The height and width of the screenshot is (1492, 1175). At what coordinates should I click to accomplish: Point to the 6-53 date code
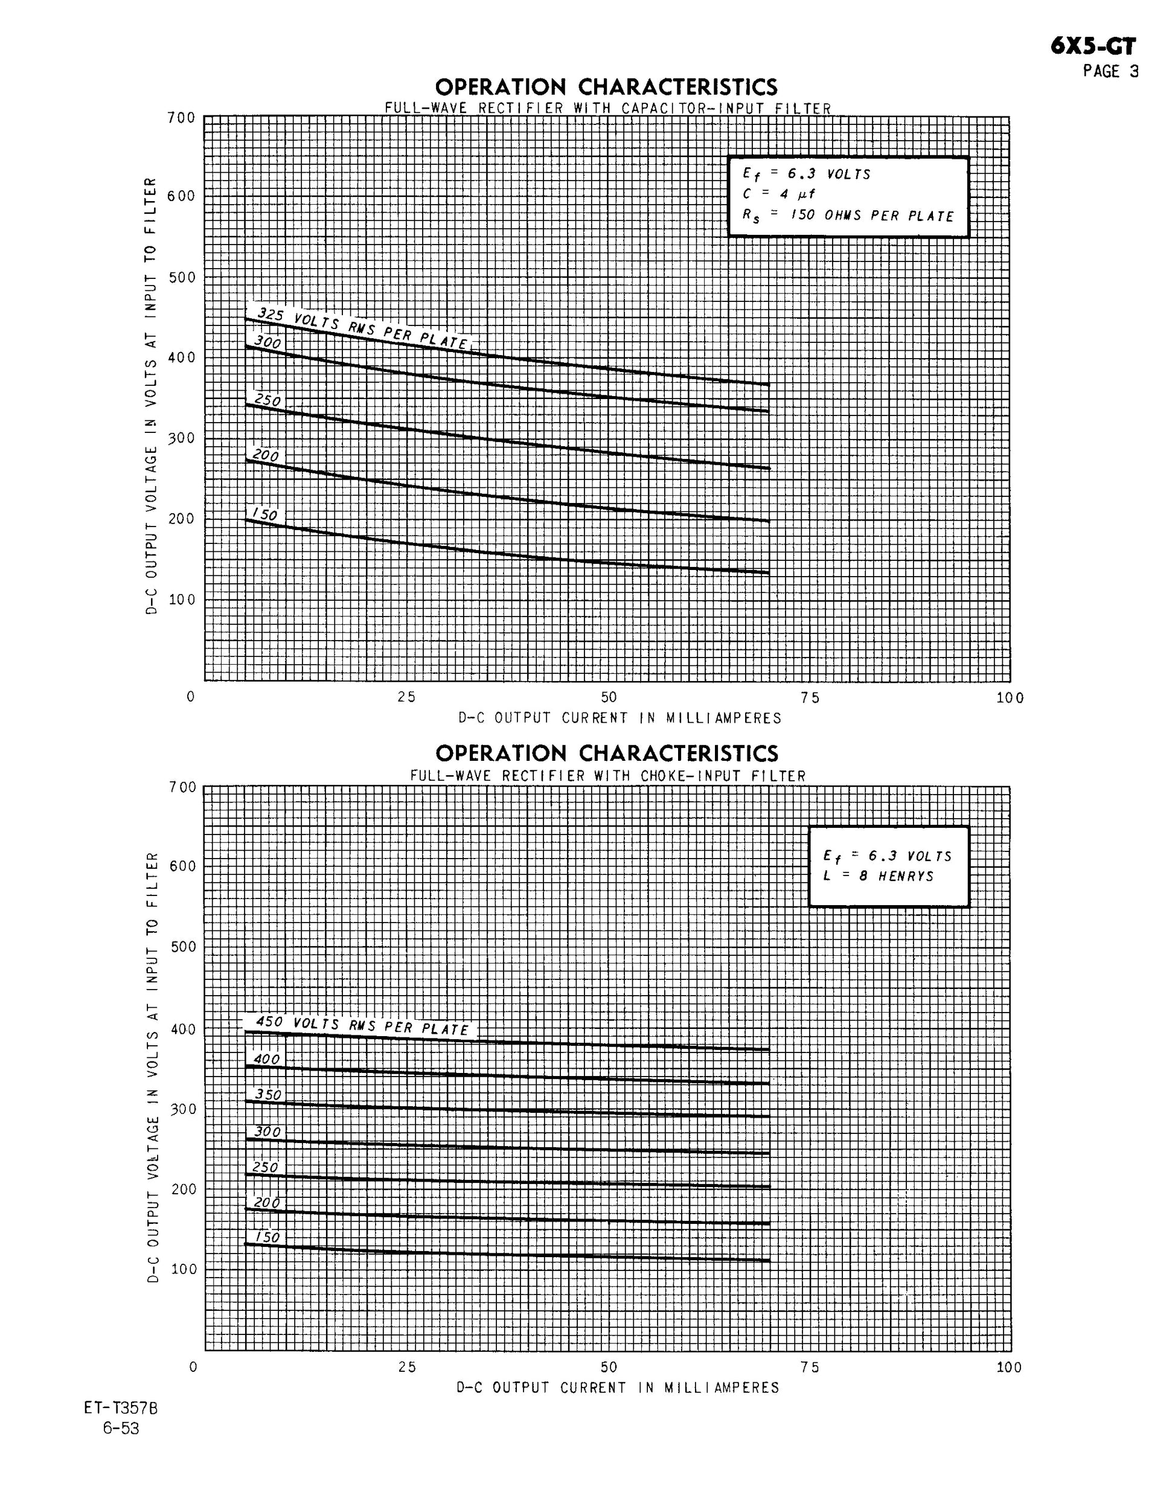pos(121,1429)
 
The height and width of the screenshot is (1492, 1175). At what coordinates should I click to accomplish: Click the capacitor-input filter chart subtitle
pos(607,109)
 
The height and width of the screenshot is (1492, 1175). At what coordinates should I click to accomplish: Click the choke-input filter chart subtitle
pos(607,776)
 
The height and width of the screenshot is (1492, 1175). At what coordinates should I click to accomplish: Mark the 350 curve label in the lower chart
pos(268,1095)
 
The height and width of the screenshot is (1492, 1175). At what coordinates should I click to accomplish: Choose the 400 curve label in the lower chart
pos(267,1059)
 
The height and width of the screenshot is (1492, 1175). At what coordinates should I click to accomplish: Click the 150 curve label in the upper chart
pos(265,514)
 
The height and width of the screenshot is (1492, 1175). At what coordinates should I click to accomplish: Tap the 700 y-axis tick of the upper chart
pos(182,118)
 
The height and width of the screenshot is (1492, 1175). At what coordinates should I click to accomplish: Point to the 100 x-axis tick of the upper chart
pos(1010,698)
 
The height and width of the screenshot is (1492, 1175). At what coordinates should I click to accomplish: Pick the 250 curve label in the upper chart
pos(267,400)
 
